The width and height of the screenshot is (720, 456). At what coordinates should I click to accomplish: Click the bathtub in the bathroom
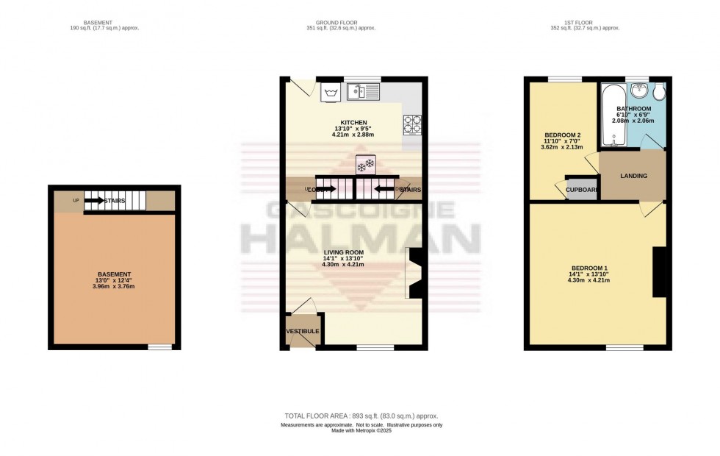pyautogui.click(x=611, y=115)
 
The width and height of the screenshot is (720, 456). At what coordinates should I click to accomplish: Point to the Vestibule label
pyautogui.click(x=303, y=331)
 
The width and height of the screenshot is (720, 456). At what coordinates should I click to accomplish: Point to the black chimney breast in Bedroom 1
pyautogui.click(x=659, y=271)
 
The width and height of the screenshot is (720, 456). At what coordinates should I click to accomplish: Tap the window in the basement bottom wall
pyautogui.click(x=159, y=346)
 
